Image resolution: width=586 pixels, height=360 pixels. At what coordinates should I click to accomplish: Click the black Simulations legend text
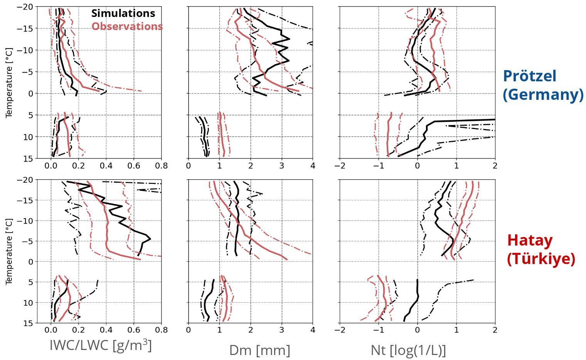click(123, 13)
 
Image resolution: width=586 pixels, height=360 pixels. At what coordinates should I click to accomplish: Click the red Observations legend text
click(127, 27)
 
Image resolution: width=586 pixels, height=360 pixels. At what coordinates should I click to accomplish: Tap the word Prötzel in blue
click(529, 76)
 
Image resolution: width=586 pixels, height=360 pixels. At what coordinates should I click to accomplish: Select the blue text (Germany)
click(543, 94)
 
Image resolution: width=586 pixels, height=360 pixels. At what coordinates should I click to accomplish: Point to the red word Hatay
click(530, 241)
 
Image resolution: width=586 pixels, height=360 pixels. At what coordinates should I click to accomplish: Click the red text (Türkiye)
click(541, 259)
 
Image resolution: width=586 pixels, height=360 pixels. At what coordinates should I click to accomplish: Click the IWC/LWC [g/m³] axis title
click(101, 345)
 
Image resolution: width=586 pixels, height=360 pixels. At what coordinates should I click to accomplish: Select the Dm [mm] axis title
click(259, 350)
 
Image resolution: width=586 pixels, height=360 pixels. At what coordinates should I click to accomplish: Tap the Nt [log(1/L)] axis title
click(408, 350)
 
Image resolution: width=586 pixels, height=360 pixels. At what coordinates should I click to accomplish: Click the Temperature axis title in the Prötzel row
click(9, 82)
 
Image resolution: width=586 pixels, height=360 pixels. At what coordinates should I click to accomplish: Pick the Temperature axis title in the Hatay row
click(9, 251)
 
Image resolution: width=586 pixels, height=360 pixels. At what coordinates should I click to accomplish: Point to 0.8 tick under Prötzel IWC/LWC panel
click(161, 166)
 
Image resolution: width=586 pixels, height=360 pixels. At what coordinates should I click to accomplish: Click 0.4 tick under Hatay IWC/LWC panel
click(106, 330)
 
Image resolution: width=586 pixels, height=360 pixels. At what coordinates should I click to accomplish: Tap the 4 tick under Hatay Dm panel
click(313, 330)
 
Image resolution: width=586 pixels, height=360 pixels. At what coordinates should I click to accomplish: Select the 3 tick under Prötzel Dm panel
click(281, 166)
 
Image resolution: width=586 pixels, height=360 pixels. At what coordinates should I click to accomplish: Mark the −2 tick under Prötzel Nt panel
click(340, 166)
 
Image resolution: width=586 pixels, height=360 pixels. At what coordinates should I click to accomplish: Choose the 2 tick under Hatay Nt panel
click(495, 330)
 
